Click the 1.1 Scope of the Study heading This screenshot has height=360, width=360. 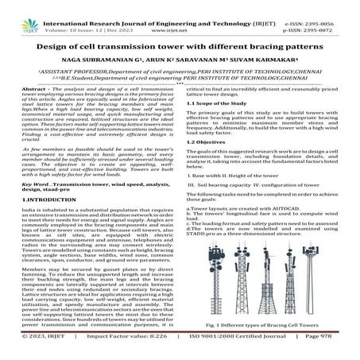point(217,103)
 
